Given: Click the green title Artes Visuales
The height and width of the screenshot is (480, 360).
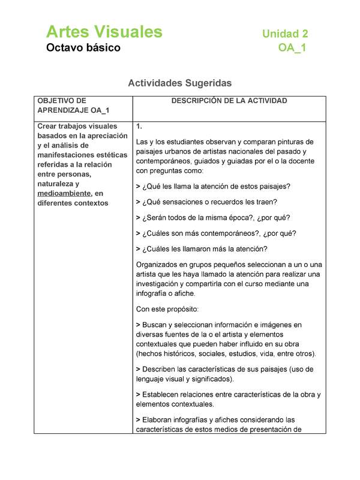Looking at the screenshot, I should (104, 31).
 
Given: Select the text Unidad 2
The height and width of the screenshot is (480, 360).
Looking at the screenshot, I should (285, 34).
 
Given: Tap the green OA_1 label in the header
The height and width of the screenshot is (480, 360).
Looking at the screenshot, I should (292, 48).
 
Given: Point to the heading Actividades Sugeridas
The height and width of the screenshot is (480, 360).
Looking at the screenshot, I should (180, 83).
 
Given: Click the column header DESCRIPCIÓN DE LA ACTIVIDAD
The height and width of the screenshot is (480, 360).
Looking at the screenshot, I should (229, 101).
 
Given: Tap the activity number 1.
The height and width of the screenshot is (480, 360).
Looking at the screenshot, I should (139, 127).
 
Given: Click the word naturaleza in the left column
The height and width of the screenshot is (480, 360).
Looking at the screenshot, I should (58, 184).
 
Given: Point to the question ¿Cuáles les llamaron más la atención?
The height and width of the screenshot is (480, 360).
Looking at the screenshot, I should (202, 248).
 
